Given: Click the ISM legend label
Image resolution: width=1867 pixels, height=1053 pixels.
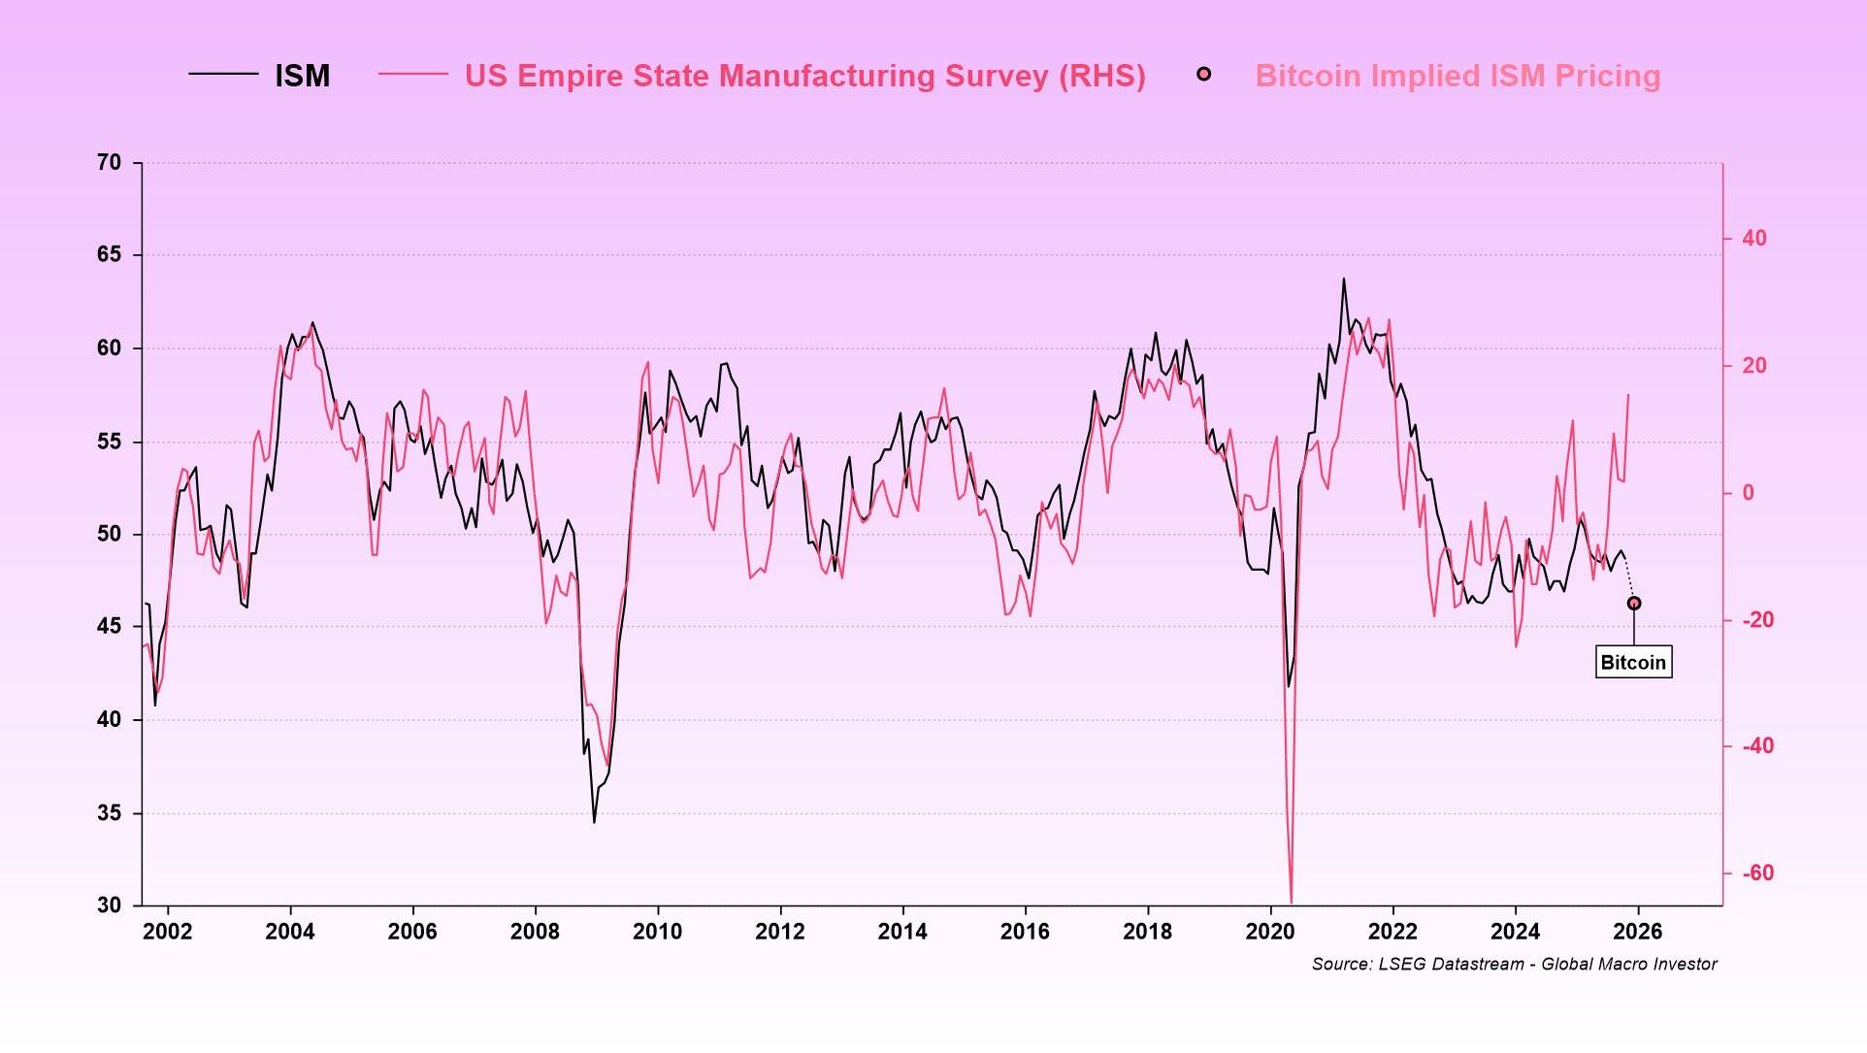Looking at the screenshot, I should pos(302,76).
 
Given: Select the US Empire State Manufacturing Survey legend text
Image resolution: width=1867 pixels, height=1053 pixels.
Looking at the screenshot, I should pos(804,76).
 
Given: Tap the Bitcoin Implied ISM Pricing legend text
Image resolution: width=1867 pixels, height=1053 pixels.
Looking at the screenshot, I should pos(1457,76).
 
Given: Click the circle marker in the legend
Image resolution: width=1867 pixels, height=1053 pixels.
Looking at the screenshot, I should pos(1203,74).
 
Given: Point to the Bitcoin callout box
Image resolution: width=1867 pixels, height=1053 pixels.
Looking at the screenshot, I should pos(1633,662).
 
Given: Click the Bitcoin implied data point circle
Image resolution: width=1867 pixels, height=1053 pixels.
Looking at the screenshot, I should pos(1634,604).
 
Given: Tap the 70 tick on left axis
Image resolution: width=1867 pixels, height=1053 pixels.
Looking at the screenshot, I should pos(109,163).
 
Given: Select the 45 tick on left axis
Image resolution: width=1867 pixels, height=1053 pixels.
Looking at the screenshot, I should pos(109,626).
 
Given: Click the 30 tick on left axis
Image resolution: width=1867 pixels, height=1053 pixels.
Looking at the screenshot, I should pos(109,905).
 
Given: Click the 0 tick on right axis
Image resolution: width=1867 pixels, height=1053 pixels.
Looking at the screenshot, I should pos(1748,492).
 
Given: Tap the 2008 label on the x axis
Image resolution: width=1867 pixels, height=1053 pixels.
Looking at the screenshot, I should pos(535,932).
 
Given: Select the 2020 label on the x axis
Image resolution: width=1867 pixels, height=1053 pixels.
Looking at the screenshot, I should pos(1269,932).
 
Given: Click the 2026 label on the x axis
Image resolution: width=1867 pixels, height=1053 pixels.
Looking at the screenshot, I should pos(1637,932).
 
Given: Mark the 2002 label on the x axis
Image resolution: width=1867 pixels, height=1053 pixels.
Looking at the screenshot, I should pos(167,932).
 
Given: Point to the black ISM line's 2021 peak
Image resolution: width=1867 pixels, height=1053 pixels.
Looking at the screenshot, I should pos(1344,280).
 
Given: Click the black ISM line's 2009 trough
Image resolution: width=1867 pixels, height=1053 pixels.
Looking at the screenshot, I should pos(594,822).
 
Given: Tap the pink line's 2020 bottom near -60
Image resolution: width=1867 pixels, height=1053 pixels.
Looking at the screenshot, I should pos(1291,901).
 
